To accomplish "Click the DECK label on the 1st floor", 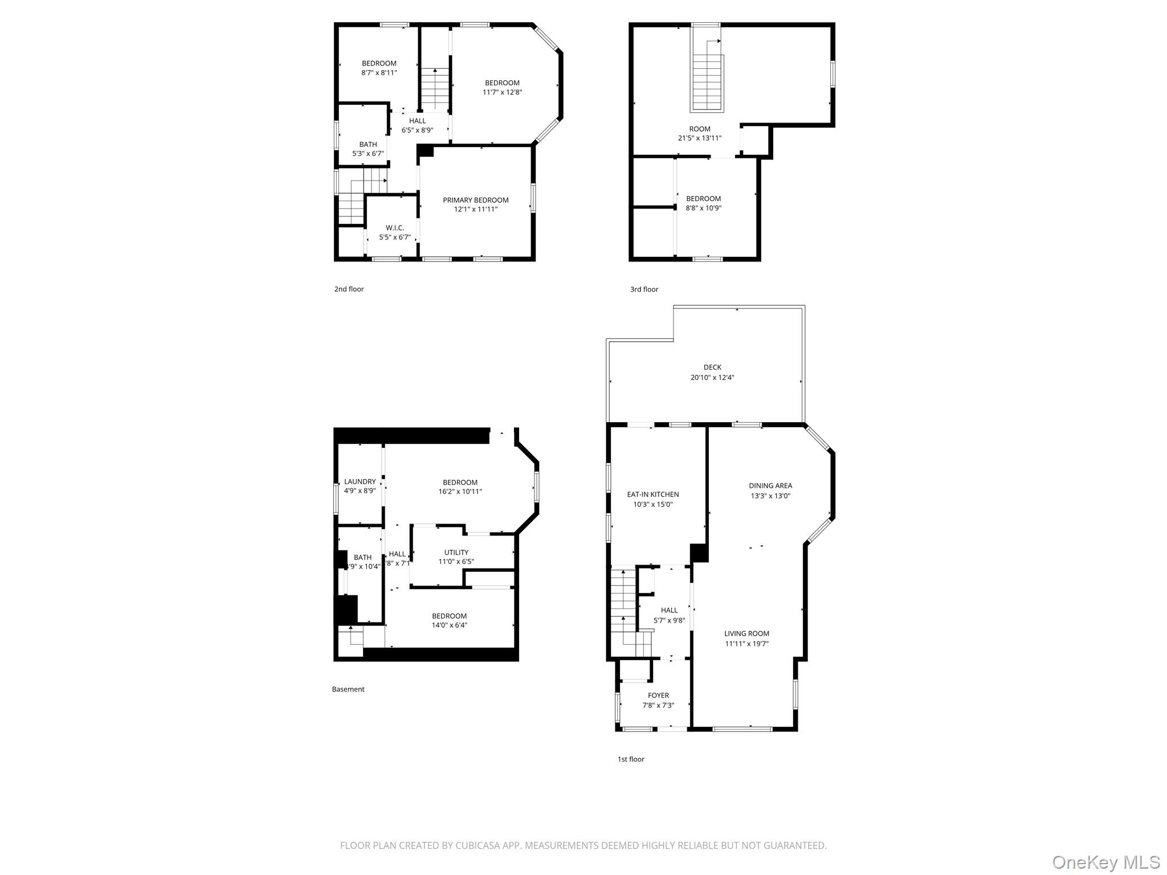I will pos(712,367).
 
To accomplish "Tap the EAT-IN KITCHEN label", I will pos(652,494).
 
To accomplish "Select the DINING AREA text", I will pos(770,486).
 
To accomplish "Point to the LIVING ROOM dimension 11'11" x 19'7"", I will pos(746,644).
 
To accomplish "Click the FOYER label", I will pos(658,695).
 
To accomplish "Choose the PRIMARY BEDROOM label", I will pos(476,200).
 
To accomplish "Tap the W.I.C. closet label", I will pos(395,228).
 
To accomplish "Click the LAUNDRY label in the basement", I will pos(360,481).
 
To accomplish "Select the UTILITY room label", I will pos(456,552).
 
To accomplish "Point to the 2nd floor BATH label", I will pos(368,144).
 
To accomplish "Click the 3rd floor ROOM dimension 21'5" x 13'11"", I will pos(700,138).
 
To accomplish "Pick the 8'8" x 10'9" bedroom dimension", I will pos(703,208).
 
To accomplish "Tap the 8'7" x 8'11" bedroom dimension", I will pos(379,72).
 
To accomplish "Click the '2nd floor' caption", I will pos(349,289).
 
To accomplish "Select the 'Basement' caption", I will pos(348,689).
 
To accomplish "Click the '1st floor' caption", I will pos(631,759).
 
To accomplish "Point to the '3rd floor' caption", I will pos(644,289).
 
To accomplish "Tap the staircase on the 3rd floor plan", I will pos(708,80).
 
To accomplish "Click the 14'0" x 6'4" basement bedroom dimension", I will pos(449,625).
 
